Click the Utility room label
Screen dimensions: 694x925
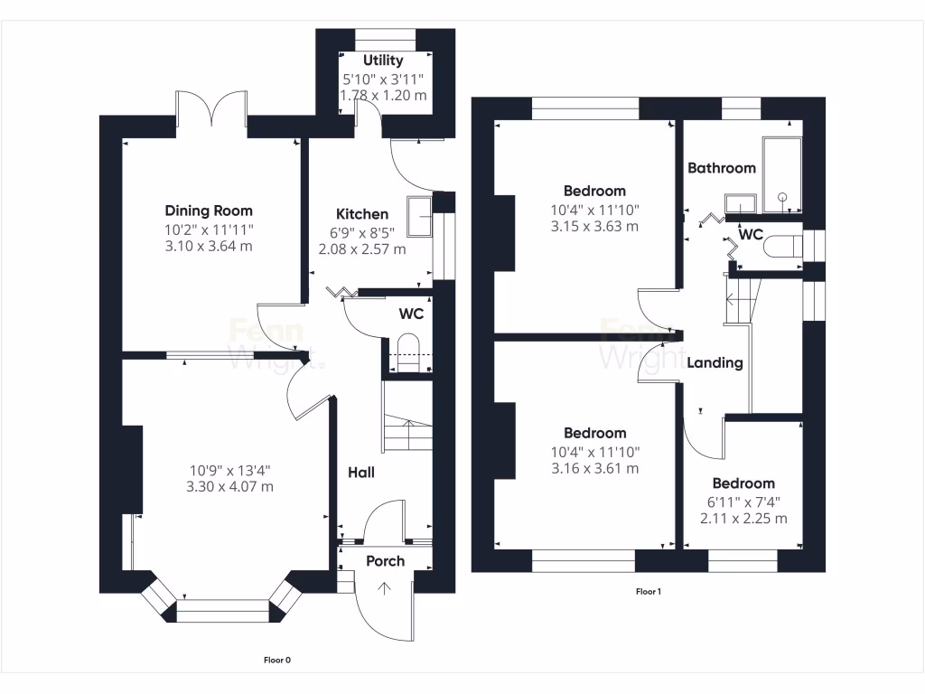(x=383, y=61)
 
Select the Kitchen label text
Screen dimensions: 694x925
(x=362, y=214)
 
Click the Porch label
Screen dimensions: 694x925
(x=386, y=561)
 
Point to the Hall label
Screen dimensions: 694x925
(x=361, y=473)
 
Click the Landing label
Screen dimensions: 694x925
(x=715, y=363)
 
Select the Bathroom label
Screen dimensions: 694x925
(x=721, y=168)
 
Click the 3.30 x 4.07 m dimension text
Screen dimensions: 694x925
(x=230, y=487)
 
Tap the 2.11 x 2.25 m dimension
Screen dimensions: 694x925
(x=743, y=519)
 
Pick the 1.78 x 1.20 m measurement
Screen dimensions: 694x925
(x=383, y=95)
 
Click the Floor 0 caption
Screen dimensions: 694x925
(x=276, y=661)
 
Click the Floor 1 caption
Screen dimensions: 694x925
(x=649, y=592)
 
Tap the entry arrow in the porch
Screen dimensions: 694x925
(x=386, y=591)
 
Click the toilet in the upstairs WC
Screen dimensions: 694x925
(x=781, y=247)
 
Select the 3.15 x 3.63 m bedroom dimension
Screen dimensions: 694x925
(x=594, y=226)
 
